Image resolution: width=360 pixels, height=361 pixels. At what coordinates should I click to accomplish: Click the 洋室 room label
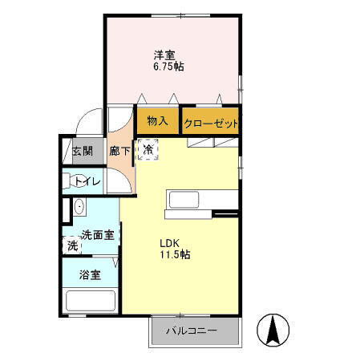pos(166,55)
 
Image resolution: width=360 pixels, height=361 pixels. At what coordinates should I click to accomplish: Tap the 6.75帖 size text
pos(168,67)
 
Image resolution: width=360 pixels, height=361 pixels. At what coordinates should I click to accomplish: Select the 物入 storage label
pos(157,122)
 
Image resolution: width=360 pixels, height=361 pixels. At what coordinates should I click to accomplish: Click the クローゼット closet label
pos(210,124)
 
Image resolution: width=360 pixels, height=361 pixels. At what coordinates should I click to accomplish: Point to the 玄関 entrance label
pos(82,152)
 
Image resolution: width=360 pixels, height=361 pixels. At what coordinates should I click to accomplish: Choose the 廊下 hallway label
pos(119,151)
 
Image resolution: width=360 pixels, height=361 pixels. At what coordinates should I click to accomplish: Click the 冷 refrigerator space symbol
pos(148,149)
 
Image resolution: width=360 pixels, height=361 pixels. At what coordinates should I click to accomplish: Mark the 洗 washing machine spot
pos(72,245)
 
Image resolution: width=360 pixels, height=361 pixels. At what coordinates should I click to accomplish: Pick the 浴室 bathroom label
pos(89,275)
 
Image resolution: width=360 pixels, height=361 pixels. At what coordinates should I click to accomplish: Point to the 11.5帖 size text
pos(173,254)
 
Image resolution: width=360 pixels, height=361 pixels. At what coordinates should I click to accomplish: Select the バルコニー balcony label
pos(192,331)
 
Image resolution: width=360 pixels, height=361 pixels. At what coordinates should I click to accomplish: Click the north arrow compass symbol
pos(273,329)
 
